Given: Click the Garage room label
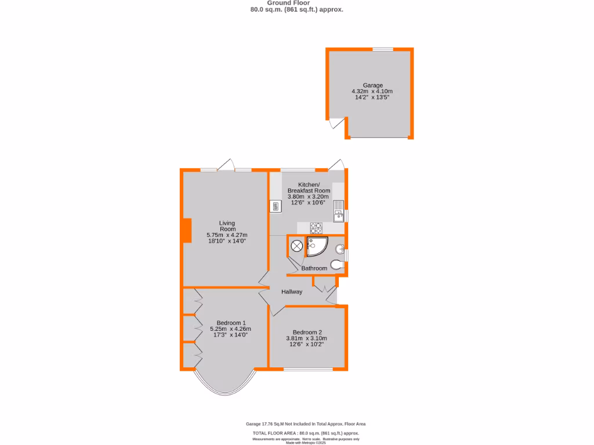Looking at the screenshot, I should [372, 85].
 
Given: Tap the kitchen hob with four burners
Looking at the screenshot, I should [316, 227].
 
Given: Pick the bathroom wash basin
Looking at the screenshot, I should [341, 250].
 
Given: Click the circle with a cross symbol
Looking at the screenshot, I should [296, 246].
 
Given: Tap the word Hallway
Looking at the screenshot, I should [292, 292].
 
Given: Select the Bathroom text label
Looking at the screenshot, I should [314, 268].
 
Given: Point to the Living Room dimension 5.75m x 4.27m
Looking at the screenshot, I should [227, 235].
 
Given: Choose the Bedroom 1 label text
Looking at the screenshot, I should [231, 323].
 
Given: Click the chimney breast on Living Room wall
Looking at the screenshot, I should [187, 230].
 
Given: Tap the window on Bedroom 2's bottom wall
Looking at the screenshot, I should [307, 369].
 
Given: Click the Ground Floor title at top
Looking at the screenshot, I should [296, 3].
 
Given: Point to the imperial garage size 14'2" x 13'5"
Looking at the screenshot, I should [372, 97].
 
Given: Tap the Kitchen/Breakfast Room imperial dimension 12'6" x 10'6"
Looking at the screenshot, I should [309, 203].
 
